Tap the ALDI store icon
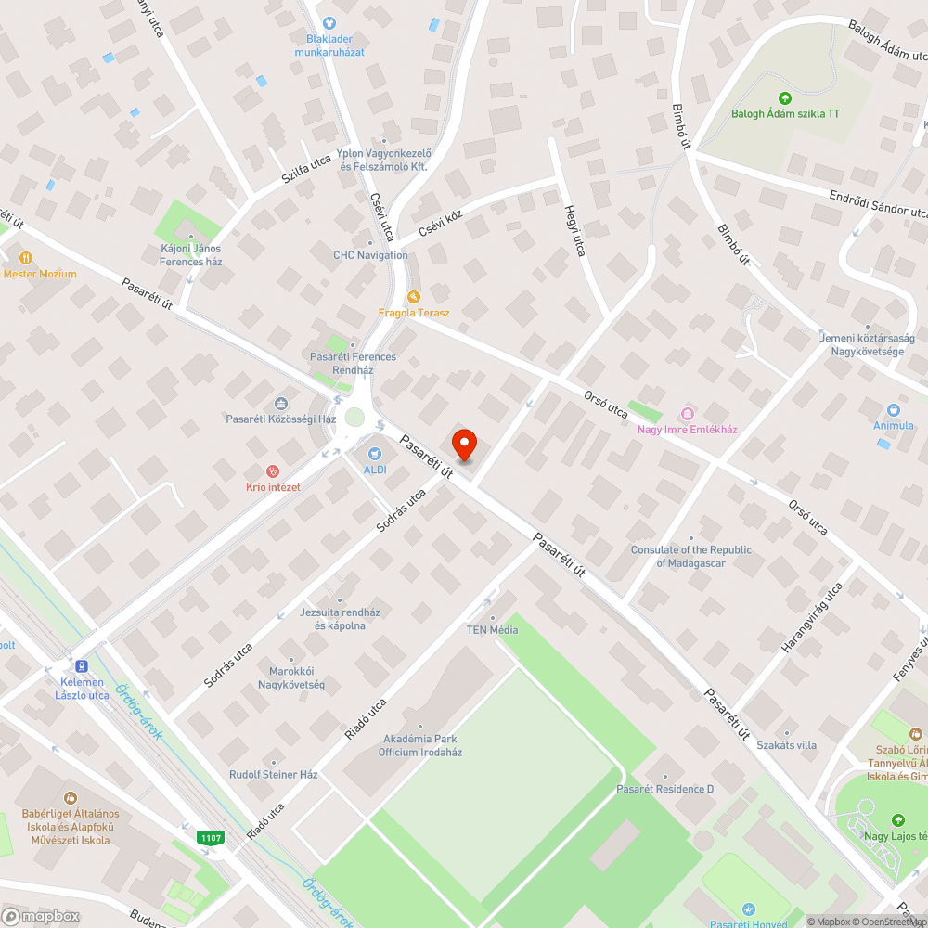[x=374, y=454]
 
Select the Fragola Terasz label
[x=414, y=313]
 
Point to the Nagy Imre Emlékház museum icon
[x=687, y=413]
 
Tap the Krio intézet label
[x=273, y=487]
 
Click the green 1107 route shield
[x=211, y=838]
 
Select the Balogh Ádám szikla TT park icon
[x=785, y=97]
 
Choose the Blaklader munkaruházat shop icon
[x=328, y=23]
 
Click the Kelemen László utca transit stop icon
[x=82, y=666]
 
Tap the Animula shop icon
[x=894, y=409]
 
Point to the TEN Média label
[x=492, y=630]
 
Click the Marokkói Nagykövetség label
[x=291, y=678]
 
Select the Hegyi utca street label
[x=574, y=232]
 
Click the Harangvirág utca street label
[x=811, y=617]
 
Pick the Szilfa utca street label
[x=306, y=173]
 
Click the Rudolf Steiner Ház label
[x=274, y=774]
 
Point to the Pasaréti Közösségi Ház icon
[x=281, y=403]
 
